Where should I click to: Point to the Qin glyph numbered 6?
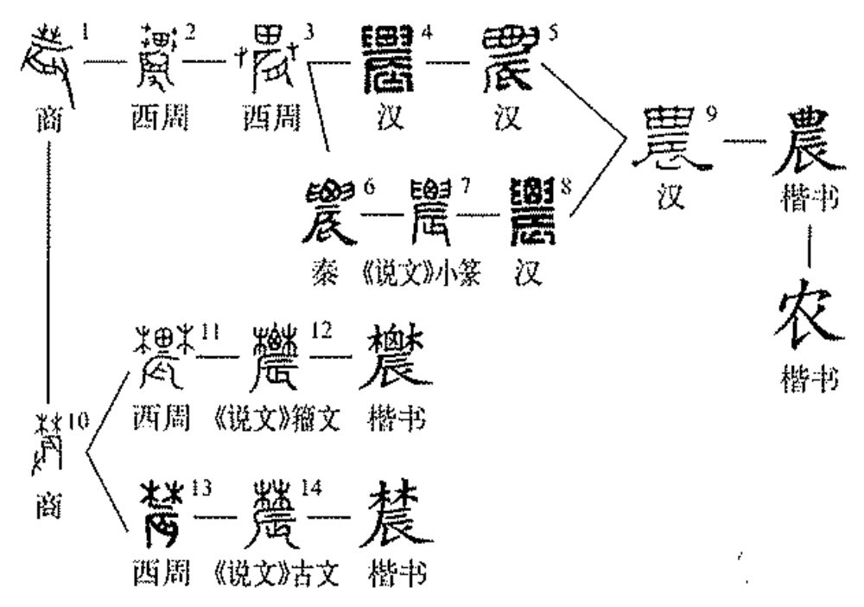tap(330, 210)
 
